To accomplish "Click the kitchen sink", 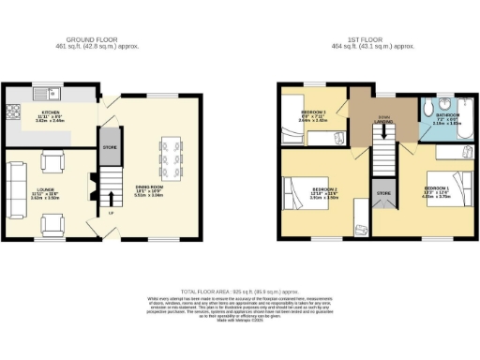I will (x=53, y=93).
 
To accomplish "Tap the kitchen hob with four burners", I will (x=14, y=111).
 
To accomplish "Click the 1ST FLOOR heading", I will (x=372, y=40).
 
